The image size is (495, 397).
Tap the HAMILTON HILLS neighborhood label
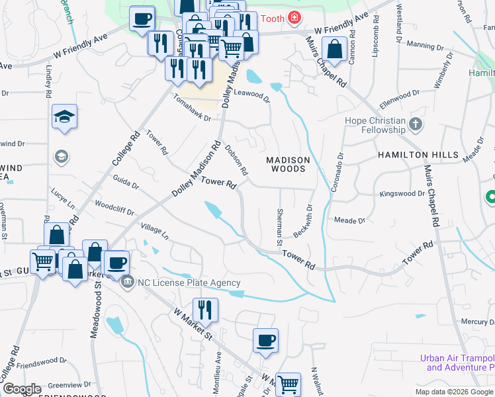(x=418, y=155)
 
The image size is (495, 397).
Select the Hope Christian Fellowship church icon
(x=415, y=123)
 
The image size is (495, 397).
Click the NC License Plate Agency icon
(x=127, y=283)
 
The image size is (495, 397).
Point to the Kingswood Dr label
(x=402, y=194)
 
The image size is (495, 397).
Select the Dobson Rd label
(x=236, y=160)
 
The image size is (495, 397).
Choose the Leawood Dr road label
(x=252, y=95)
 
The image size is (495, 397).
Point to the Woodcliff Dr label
(x=114, y=208)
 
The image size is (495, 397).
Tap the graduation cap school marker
(x=64, y=116)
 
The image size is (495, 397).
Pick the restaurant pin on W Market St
(x=205, y=310)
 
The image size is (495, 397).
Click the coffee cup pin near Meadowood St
(x=117, y=263)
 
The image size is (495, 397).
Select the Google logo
(x=22, y=389)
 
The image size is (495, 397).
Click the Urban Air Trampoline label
(x=457, y=363)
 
